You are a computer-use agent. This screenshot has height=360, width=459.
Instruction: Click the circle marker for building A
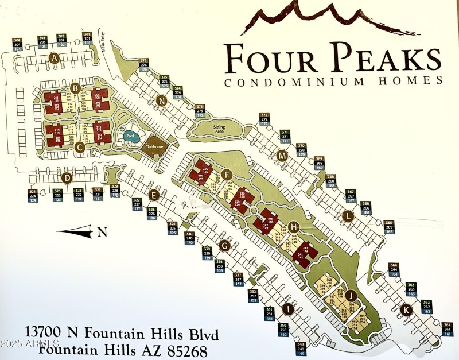pyautogui.click(x=55, y=57)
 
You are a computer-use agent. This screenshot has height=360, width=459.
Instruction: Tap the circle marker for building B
pyautogui.click(x=75, y=87)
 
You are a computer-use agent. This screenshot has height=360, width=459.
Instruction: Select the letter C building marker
pyautogui.click(x=80, y=148)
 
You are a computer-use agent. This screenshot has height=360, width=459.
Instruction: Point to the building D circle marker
pyautogui.click(x=67, y=178)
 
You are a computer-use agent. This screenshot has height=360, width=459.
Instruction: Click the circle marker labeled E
pyautogui.click(x=153, y=195)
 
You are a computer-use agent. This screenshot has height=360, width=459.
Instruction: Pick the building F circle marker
pyautogui.click(x=227, y=175)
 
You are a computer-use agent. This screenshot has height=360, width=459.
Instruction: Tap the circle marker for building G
pyautogui.click(x=225, y=246)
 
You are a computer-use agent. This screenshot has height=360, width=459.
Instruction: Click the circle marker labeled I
pyautogui.click(x=289, y=310)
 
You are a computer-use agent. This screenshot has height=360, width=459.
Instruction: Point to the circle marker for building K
pyautogui.click(x=406, y=310)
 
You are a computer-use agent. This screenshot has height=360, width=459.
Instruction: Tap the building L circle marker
pyautogui.click(x=347, y=216)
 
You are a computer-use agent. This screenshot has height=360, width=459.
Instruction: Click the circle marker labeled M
pyautogui.click(x=281, y=156)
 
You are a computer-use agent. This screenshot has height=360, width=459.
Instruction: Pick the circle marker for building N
pyautogui.click(x=162, y=101)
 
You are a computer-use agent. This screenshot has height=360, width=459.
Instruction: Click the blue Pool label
pyautogui.click(x=129, y=137)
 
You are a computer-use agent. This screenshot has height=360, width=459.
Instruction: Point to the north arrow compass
pyautogui.click(x=83, y=232)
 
